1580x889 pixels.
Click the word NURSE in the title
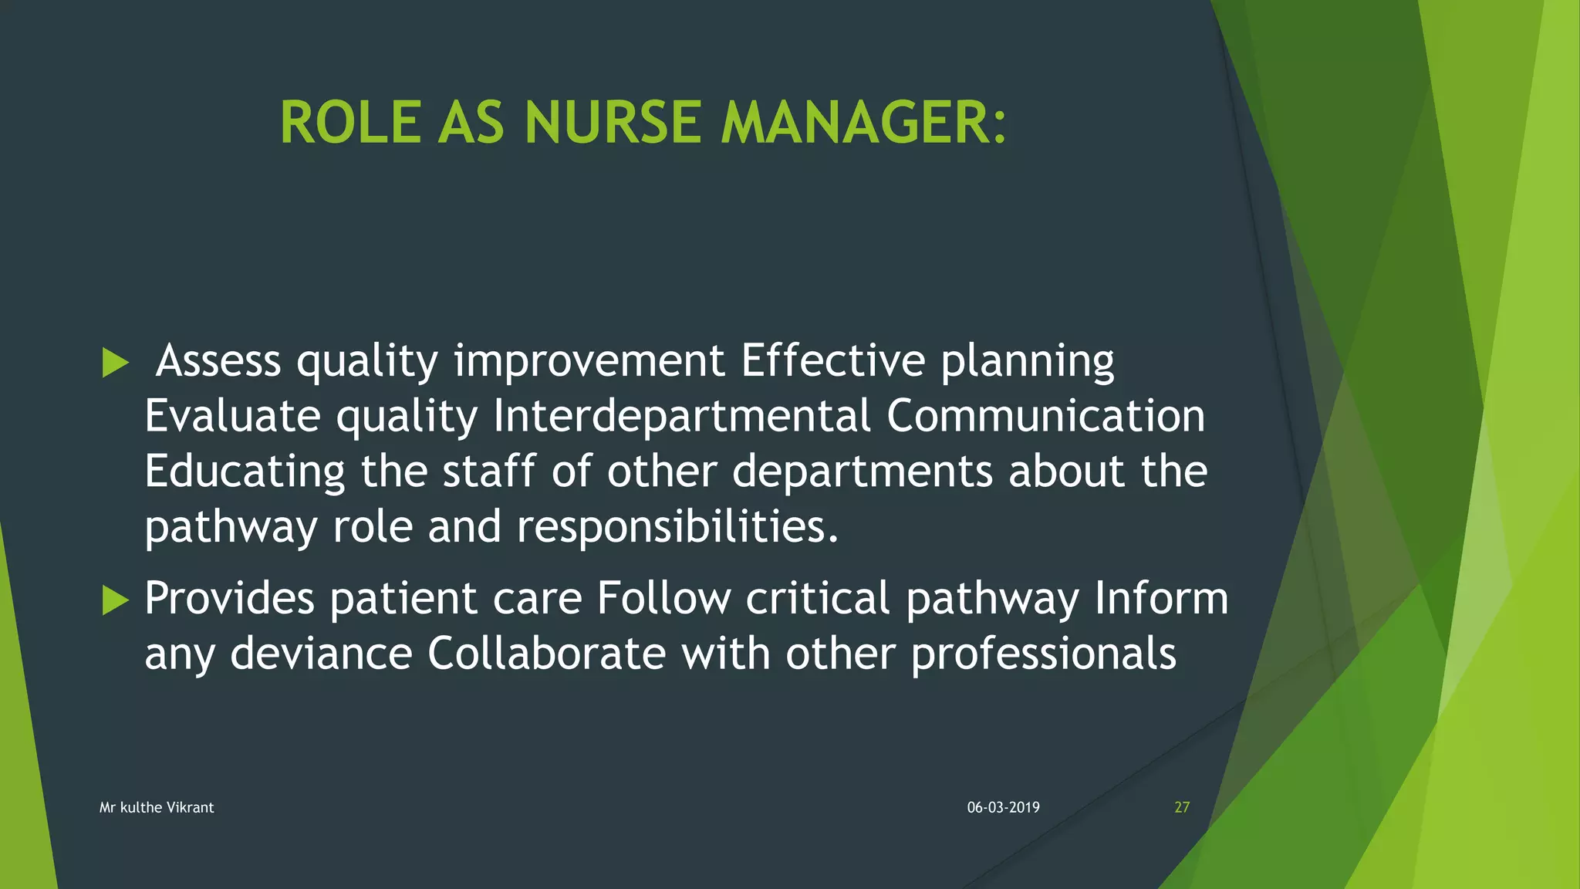[613, 123]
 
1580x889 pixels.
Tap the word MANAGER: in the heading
[863, 123]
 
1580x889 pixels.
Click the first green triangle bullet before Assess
[115, 362]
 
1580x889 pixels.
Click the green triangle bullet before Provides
[115, 600]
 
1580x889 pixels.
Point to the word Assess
[218, 360]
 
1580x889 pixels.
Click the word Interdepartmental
[682, 416]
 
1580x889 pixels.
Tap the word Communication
[1045, 416]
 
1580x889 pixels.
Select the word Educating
[245, 472]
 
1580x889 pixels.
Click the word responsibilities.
[677, 527]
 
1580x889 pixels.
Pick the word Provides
[229, 598]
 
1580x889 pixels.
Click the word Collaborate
[546, 654]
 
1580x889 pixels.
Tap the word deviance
[321, 654]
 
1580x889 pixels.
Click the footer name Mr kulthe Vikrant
[157, 807]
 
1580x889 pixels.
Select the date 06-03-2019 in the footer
[1003, 807]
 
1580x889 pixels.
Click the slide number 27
[1182, 807]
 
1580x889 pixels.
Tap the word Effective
[832, 360]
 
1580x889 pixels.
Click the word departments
[863, 472]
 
